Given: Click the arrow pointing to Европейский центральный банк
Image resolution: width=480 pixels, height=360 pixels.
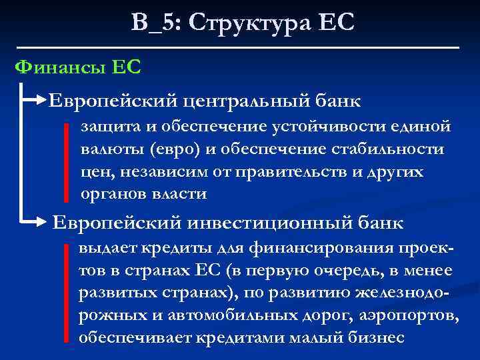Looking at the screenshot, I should [38, 101].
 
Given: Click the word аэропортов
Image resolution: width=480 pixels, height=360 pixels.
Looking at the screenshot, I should [403, 315].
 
